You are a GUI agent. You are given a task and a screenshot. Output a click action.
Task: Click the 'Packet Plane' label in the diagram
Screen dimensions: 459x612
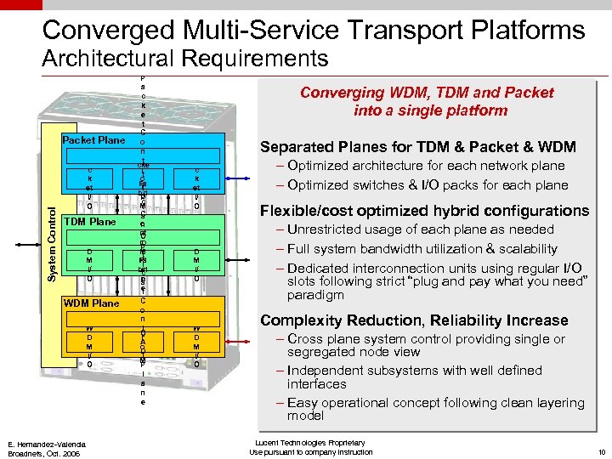click(93, 140)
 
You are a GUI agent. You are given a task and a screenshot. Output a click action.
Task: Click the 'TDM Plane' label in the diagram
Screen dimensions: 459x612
click(91, 222)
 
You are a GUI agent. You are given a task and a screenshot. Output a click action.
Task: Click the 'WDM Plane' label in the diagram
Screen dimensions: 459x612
click(93, 303)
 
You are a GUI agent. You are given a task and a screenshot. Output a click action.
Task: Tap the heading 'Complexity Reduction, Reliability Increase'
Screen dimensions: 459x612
click(414, 320)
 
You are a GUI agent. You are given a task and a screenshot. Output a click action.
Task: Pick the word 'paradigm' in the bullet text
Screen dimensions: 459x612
click(315, 295)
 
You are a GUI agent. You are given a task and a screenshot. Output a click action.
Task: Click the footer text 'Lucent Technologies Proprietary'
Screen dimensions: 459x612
click(308, 443)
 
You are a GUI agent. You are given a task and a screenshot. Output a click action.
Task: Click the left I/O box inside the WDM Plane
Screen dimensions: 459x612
click(89, 345)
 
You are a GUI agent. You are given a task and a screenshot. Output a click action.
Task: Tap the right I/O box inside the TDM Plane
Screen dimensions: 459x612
click(196, 264)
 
